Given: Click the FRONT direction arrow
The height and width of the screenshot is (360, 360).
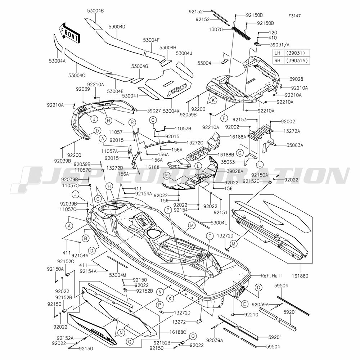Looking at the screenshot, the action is click(x=69, y=33).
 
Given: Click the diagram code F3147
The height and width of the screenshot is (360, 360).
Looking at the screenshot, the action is click(x=294, y=16).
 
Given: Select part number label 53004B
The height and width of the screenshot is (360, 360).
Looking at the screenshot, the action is click(x=95, y=10).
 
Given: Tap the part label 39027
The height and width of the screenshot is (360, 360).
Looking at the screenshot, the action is click(x=154, y=111).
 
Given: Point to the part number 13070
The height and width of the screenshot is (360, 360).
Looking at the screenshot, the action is click(x=216, y=30).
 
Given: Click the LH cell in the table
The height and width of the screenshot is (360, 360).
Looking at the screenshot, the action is click(x=278, y=53).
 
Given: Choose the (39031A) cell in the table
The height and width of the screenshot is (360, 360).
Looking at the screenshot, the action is click(x=297, y=60).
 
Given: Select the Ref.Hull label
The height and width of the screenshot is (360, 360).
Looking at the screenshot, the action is click(x=272, y=276).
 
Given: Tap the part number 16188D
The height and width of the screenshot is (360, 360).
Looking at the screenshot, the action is click(x=300, y=276).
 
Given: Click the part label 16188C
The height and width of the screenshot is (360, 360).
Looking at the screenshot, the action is click(x=178, y=332).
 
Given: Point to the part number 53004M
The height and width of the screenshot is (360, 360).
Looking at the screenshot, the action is click(x=118, y=275).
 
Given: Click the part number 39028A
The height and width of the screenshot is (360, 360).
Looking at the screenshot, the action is click(x=235, y=171).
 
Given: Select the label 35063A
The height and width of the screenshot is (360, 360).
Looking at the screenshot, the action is click(x=295, y=145).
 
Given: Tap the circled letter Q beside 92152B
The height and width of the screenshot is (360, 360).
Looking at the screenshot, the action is click(x=193, y=337).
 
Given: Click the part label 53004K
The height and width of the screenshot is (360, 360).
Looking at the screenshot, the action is click(x=171, y=111).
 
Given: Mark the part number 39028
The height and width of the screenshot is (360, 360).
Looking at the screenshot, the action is click(x=296, y=79).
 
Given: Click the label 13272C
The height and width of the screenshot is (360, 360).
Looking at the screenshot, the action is click(x=195, y=143).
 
